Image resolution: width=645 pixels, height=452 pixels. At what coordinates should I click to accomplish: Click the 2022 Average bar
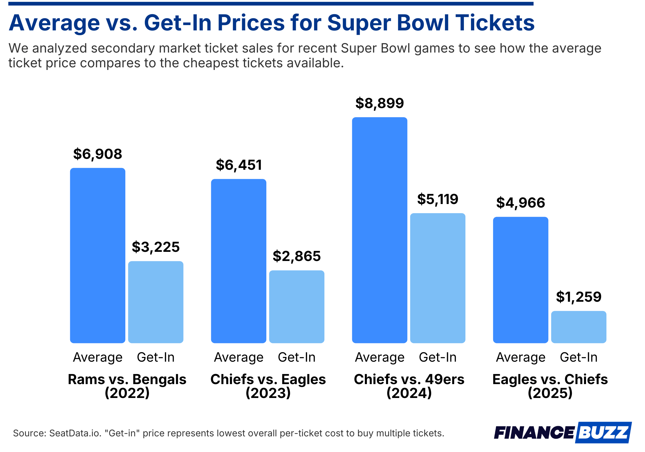tap(97, 255)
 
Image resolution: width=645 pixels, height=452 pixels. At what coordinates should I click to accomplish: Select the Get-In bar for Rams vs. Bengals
tap(155, 302)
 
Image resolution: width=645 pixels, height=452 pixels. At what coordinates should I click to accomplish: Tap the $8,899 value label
tap(379, 103)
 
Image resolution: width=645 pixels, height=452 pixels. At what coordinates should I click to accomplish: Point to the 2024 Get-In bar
tap(437, 278)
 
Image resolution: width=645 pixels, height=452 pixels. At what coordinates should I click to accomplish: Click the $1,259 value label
tap(578, 297)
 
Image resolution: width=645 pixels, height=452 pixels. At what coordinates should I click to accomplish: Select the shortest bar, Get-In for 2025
tap(578, 327)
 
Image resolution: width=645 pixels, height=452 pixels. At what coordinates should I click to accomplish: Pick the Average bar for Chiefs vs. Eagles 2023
tap(238, 261)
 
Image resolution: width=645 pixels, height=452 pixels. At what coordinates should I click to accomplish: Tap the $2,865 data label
tap(296, 256)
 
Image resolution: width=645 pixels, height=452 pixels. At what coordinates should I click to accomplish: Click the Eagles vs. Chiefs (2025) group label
tap(550, 386)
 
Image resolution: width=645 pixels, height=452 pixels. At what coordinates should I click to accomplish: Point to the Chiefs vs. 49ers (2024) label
tap(409, 386)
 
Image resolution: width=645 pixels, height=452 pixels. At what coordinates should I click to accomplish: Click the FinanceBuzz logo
tap(562, 433)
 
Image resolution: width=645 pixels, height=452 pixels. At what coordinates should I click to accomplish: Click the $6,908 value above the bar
tap(97, 154)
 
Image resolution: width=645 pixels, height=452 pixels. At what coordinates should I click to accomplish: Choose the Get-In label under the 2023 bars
tap(296, 357)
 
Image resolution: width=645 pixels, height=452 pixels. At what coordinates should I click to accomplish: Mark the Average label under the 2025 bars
tap(520, 357)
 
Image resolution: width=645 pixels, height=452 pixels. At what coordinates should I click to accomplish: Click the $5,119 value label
tap(437, 199)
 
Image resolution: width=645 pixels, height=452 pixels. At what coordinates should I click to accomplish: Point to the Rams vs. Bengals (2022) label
tap(127, 386)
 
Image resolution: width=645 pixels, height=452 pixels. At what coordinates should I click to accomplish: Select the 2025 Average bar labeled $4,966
tap(520, 280)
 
